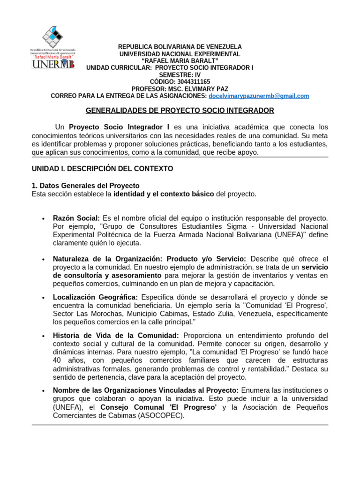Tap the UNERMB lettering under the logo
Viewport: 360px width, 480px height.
[53, 64]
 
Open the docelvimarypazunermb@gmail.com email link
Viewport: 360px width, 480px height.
[259, 96]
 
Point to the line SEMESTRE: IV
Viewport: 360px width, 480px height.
[180, 75]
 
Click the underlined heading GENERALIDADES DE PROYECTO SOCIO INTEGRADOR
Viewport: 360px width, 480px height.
[180, 111]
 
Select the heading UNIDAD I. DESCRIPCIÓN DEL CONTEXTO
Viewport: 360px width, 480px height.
[102, 168]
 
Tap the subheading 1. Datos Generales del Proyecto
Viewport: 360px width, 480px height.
[85, 186]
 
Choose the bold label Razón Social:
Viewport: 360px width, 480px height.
[76, 218]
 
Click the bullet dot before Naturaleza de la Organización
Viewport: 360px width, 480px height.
[43, 260]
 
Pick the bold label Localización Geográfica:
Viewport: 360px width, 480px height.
[95, 298]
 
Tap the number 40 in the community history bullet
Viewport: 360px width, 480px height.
[57, 360]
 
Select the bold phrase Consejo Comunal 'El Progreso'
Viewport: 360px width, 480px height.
[158, 407]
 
